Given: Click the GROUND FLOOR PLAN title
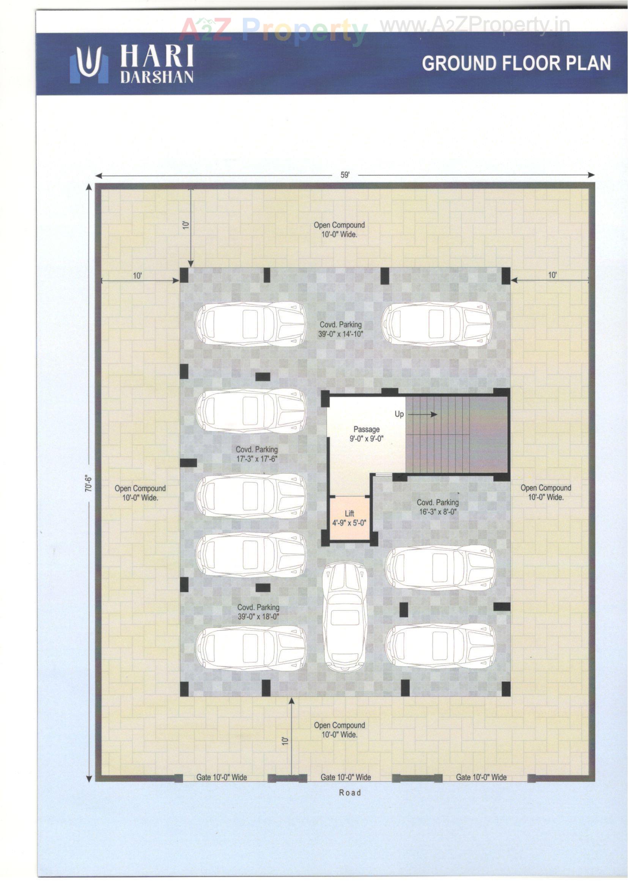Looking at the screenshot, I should tap(516, 63).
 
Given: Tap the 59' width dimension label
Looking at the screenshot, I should tap(345, 175).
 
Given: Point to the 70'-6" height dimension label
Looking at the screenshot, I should tap(88, 483).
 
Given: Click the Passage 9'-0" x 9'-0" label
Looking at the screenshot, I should tap(366, 434).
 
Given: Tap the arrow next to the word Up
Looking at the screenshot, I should tap(423, 415).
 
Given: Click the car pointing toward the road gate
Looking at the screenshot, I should tap(345, 616).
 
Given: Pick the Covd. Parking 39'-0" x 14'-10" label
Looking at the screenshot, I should tap(341, 329).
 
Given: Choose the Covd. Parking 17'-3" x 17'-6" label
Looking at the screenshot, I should tap(257, 454).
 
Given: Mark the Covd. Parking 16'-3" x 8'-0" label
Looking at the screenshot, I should tap(438, 507).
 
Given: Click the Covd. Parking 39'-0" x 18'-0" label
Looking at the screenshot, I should tap(258, 612).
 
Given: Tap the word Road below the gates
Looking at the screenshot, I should tap(349, 793).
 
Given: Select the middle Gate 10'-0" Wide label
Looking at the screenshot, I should tap(346, 777).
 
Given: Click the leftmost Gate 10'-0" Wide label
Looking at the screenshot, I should tap(221, 777).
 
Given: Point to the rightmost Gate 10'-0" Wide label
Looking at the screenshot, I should tap(481, 777).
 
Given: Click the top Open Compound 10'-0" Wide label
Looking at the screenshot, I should tap(339, 229).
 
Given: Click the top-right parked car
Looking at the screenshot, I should tap(437, 324).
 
